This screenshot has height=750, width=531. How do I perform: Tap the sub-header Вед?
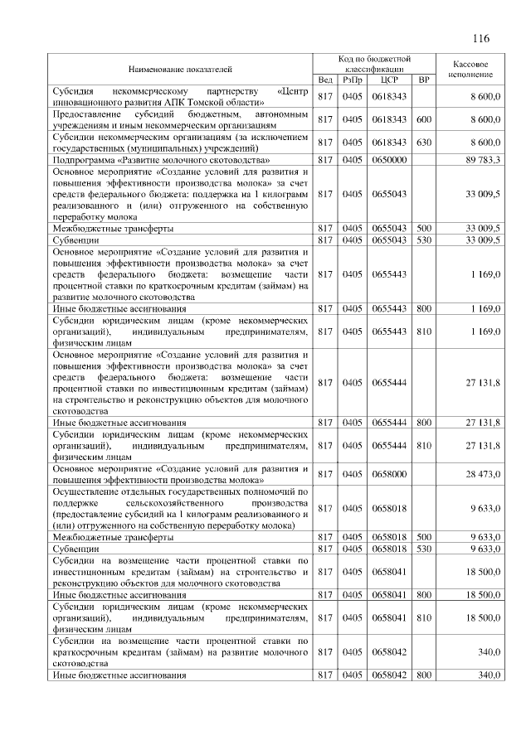point(326,80)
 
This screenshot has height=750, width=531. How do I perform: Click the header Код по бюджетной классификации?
point(375,64)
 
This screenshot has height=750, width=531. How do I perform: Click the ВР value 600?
point(424,119)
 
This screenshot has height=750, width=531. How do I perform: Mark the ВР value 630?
point(424,142)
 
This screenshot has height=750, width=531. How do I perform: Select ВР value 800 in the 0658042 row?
point(424,675)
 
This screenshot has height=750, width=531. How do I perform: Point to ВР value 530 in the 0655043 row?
point(424,240)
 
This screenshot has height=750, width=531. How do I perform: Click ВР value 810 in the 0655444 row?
point(424,446)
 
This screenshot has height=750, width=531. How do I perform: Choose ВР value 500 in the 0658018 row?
point(424,536)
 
